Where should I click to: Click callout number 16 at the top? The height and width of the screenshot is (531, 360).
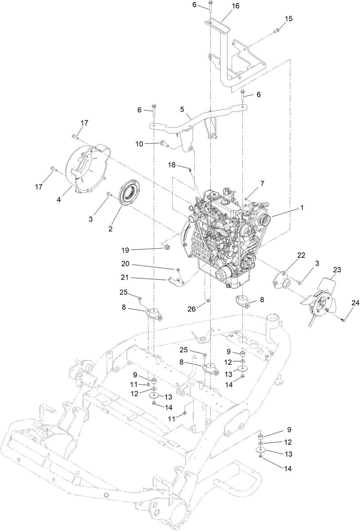235,6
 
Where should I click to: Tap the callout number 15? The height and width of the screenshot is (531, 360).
289,19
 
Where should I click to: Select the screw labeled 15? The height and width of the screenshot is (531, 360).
277,31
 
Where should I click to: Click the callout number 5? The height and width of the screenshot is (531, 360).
182,109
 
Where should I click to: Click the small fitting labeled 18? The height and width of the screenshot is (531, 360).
190,169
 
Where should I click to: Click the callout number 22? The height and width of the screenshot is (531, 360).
301,255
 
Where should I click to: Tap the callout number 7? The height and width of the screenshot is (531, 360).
262,183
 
